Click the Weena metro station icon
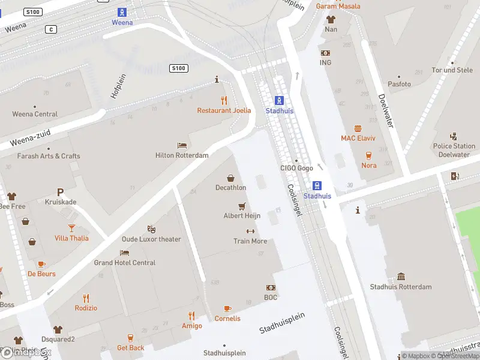pos(122,12)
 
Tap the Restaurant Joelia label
pos(224,110)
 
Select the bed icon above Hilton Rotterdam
pos(182,145)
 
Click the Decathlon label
pos(230,188)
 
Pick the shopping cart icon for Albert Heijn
pos(242,206)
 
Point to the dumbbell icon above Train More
pos(250,231)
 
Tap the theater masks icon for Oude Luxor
pos(152,229)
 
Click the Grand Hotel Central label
pos(124,263)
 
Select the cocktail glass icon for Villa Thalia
pos(71,227)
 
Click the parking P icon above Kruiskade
pos(60,192)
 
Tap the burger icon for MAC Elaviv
pos(358,128)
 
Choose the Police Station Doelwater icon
pos(454,136)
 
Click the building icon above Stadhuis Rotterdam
pos(401,277)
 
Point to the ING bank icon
pos(325,53)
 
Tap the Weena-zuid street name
pos(29,139)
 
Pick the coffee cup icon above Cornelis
pos(227,308)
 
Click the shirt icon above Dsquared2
pos(58,329)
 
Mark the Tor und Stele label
pos(452,70)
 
